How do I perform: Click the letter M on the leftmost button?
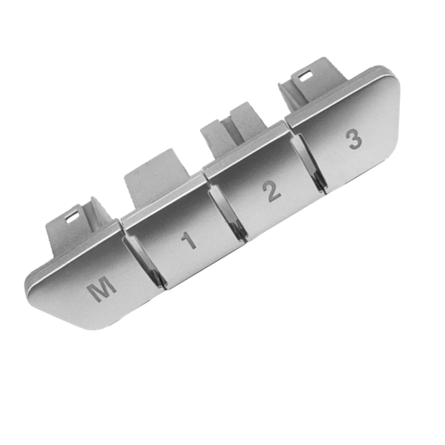point(102,288)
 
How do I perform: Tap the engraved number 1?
point(189,241)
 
